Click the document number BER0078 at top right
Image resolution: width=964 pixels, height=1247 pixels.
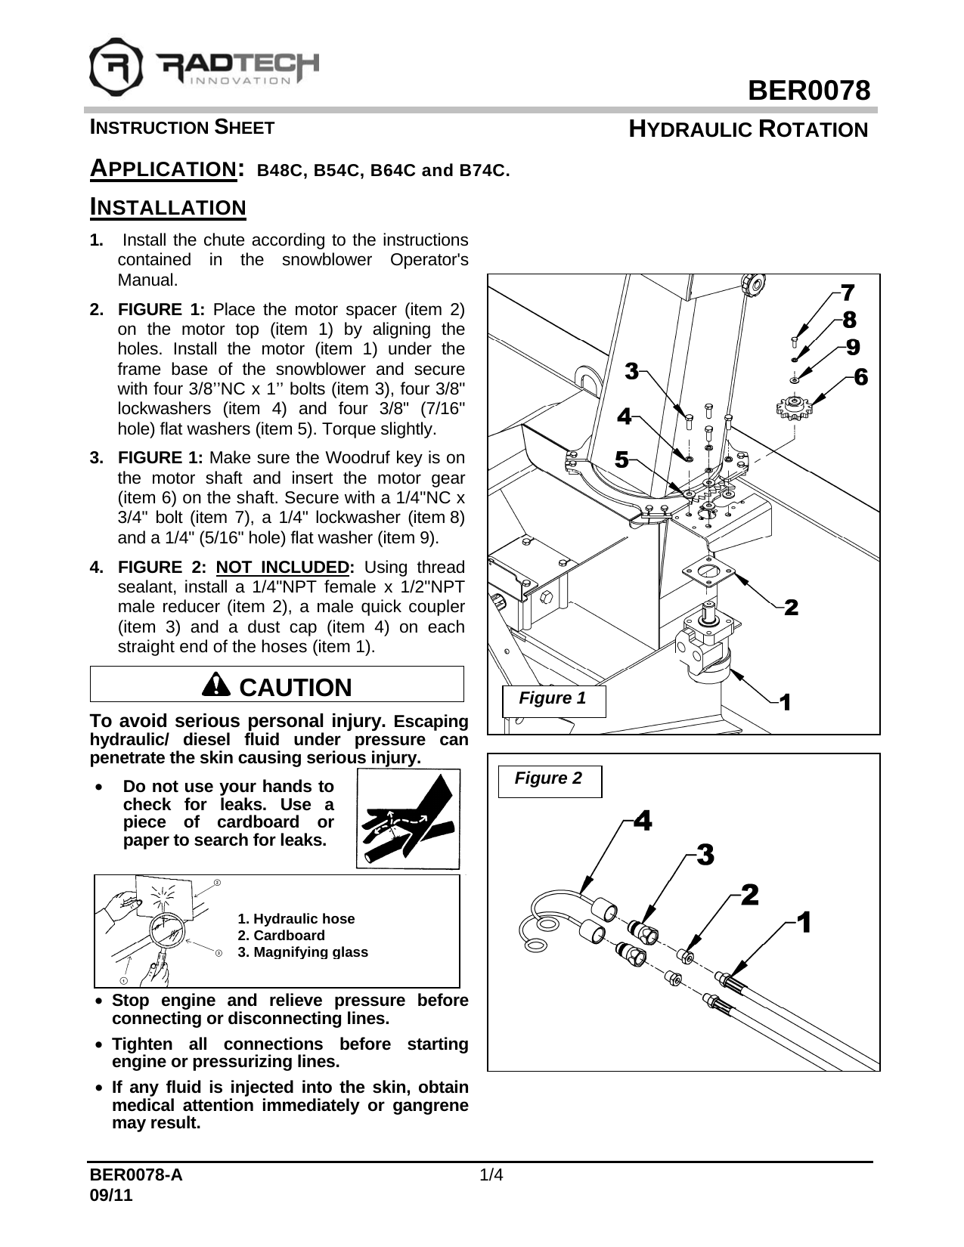pos(808,91)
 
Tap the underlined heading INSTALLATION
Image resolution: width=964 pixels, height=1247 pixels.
pos(168,207)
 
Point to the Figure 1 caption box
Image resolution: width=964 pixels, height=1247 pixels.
pos(553,699)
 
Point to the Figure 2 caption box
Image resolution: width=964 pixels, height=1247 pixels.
pos(549,780)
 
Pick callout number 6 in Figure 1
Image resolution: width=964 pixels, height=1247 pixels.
pos(860,376)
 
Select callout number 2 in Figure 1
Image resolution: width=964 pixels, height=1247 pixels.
pos(791,607)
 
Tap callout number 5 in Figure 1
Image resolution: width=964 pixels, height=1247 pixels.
pos(621,460)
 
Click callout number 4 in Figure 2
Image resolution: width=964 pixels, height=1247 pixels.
pos(642,819)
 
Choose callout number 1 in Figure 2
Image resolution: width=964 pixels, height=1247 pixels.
pos(804,922)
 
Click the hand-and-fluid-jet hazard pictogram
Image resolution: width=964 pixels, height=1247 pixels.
pos(408,819)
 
